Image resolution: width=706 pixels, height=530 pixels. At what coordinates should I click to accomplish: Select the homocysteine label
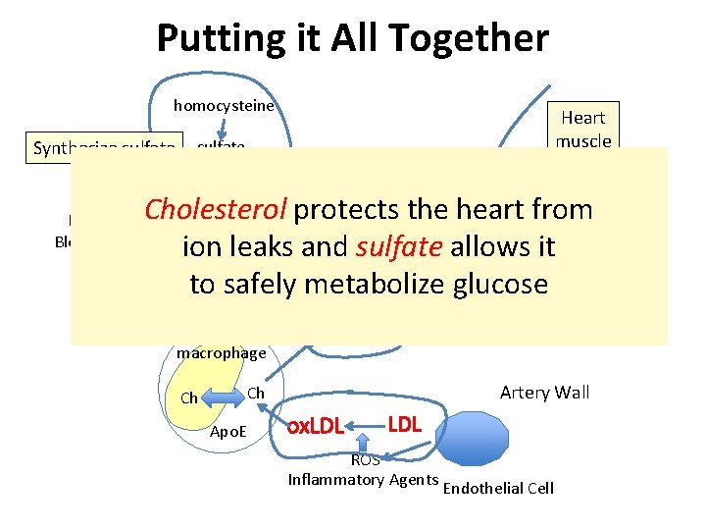click(x=224, y=106)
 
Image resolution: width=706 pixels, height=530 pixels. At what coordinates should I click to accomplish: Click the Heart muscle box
click(x=583, y=129)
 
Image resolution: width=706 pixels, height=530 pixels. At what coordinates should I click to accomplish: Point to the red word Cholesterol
click(x=216, y=209)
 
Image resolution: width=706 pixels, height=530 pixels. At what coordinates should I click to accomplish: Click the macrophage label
click(x=221, y=353)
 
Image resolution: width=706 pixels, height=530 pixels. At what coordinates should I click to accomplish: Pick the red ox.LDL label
click(x=314, y=427)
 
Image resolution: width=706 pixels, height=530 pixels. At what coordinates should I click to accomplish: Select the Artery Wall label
click(x=544, y=393)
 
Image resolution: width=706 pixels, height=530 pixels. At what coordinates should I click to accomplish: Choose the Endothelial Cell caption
click(x=499, y=488)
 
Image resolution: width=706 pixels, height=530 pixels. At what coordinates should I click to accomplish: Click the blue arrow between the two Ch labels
click(x=224, y=396)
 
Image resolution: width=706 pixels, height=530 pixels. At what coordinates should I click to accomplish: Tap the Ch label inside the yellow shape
click(x=190, y=398)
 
